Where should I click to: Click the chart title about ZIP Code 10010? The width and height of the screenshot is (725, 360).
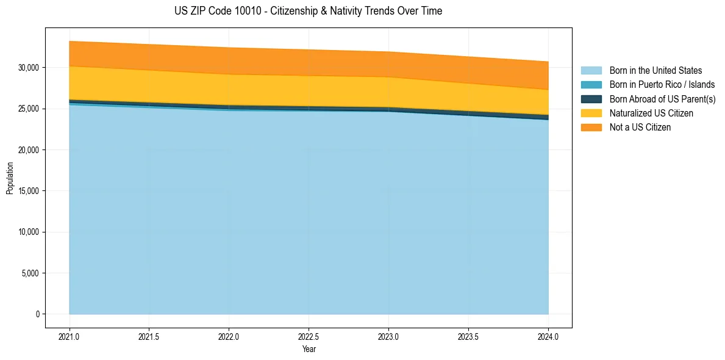pyautogui.click(x=308, y=11)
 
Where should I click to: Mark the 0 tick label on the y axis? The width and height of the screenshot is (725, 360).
pyautogui.click(x=38, y=314)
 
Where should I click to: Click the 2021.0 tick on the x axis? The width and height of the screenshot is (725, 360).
pyautogui.click(x=70, y=336)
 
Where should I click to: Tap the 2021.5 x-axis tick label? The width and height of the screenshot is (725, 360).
pyautogui.click(x=149, y=336)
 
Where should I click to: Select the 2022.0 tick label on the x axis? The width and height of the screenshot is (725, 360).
pyautogui.click(x=229, y=336)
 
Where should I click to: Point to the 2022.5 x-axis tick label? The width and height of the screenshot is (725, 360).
pyautogui.click(x=309, y=336)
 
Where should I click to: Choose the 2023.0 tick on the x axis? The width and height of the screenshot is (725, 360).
pyautogui.click(x=388, y=336)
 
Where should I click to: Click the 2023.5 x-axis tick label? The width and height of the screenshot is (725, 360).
pyautogui.click(x=468, y=336)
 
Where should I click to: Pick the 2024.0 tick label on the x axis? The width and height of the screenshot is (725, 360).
pyautogui.click(x=548, y=336)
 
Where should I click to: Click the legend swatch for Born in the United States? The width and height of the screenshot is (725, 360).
pyautogui.click(x=591, y=71)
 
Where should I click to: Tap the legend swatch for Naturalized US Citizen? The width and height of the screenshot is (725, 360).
pyautogui.click(x=591, y=113)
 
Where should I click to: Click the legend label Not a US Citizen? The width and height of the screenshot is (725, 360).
pyautogui.click(x=640, y=128)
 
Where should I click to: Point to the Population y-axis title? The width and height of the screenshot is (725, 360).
pyautogui.click(x=10, y=178)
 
